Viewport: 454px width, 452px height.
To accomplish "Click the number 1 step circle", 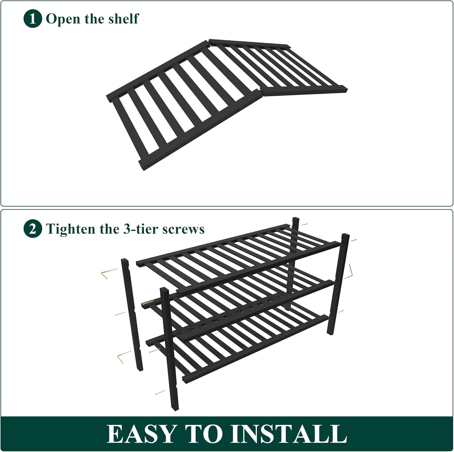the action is tap(32, 19).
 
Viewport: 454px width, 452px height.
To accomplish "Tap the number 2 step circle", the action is tap(32, 229).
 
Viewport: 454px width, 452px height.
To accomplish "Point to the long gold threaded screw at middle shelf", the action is tap(149, 302).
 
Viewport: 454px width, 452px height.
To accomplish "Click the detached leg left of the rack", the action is tap(132, 315).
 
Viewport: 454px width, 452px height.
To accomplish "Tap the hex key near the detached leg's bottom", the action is tap(124, 357).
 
